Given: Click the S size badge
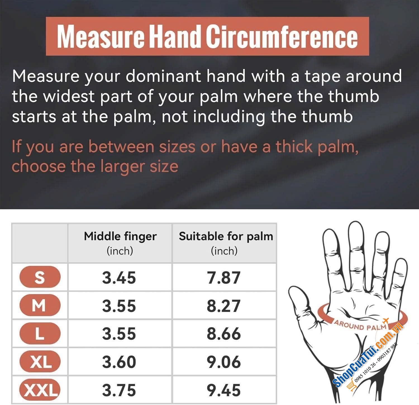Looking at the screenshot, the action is coord(40,277).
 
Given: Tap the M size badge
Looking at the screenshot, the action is coord(40,305).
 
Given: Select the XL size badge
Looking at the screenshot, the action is coord(40,361).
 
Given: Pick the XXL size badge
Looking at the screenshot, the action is coord(40,390).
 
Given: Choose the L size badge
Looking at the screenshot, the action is coord(40,333).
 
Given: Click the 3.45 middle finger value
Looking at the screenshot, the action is coord(119,278).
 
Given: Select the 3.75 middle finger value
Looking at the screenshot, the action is coord(119,390).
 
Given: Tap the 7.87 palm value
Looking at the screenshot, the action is coord(224,278).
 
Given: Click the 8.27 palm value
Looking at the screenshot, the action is coord(224,306).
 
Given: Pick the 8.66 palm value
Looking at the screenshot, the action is coord(224,333).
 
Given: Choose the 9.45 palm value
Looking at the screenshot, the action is coord(224,390).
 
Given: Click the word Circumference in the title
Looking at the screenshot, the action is coord(282,37).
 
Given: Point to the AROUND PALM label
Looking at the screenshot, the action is coord(360,327).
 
